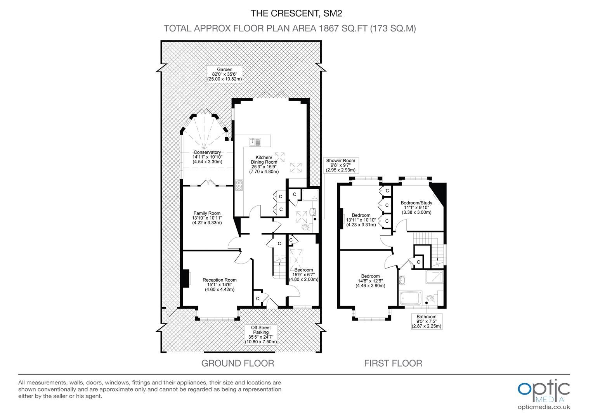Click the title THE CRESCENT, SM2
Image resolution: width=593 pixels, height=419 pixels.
pyautogui.click(x=296, y=13)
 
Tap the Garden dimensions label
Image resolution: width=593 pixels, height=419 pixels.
pyautogui.click(x=224, y=74)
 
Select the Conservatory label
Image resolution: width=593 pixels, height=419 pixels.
pyautogui.click(x=207, y=157)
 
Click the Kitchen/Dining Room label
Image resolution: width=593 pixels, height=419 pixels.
pyautogui.click(x=264, y=164)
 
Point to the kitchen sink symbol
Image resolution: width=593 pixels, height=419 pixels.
pyautogui.click(x=255, y=142)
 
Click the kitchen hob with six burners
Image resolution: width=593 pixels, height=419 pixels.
pyautogui.click(x=239, y=185)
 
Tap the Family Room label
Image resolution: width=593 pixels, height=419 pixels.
pyautogui.click(x=207, y=218)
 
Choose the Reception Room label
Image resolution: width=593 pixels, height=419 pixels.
pyautogui.click(x=219, y=284)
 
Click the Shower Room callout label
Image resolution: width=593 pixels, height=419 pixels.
pyautogui.click(x=341, y=165)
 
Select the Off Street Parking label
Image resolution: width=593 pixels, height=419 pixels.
pyautogui.click(x=261, y=334)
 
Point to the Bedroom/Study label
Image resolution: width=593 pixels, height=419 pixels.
pyautogui.click(x=416, y=208)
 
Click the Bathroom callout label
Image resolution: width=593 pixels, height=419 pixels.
pyautogui.click(x=427, y=321)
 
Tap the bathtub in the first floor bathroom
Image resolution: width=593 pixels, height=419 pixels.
pyautogui.click(x=411, y=298)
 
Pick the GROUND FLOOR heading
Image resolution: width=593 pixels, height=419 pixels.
pyautogui.click(x=238, y=363)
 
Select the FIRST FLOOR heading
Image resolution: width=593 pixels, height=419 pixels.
pyautogui.click(x=393, y=363)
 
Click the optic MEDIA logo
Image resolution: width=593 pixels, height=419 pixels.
pyautogui.click(x=544, y=391)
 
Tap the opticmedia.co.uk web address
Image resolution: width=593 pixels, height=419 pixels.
pyautogui.click(x=544, y=407)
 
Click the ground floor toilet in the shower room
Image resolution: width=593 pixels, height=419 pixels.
pyautogui.click(x=307, y=227)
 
